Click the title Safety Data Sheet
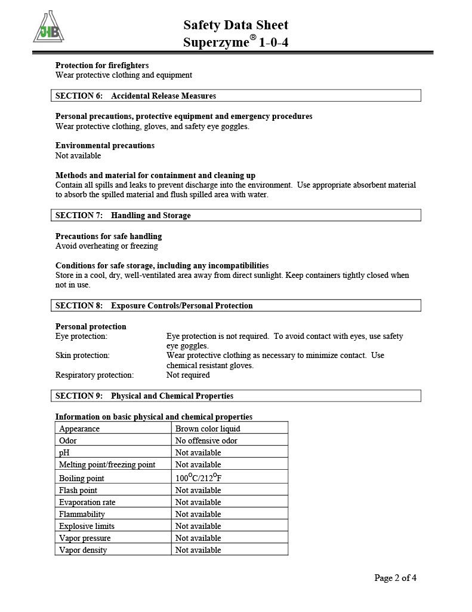[236, 25]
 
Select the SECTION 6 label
[79, 96]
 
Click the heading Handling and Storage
[151, 215]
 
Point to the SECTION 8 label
[79, 305]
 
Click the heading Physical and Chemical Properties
[172, 396]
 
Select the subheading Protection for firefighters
[102, 65]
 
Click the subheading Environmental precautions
[105, 145]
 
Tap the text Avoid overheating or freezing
[107, 246]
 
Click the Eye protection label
[81, 336]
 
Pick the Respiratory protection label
[94, 375]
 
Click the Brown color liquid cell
[208, 429]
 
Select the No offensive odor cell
[206, 440]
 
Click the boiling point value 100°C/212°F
[202, 478]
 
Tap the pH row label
[65, 452]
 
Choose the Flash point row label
[78, 490]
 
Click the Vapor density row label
[83, 550]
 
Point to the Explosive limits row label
[87, 526]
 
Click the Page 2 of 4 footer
[395, 577]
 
